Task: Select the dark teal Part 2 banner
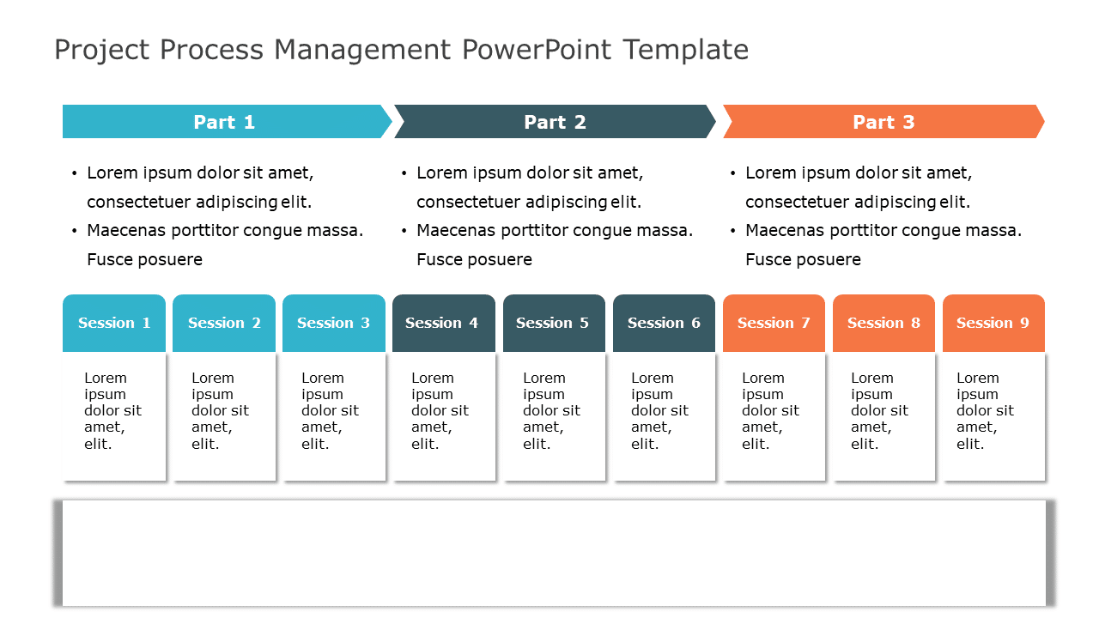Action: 555,122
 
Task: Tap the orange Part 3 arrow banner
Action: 883,122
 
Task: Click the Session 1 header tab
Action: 114,323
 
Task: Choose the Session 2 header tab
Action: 224,323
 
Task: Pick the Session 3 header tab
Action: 334,323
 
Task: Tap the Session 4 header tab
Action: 443,323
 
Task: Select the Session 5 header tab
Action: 554,323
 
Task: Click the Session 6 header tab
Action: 664,323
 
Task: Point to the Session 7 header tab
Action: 774,323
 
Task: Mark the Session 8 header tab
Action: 883,323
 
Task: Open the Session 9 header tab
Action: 993,323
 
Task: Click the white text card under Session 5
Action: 554,416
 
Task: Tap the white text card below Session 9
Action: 993,416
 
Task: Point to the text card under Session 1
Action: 114,416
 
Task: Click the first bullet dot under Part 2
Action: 404,173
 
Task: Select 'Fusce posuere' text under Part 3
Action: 803,259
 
